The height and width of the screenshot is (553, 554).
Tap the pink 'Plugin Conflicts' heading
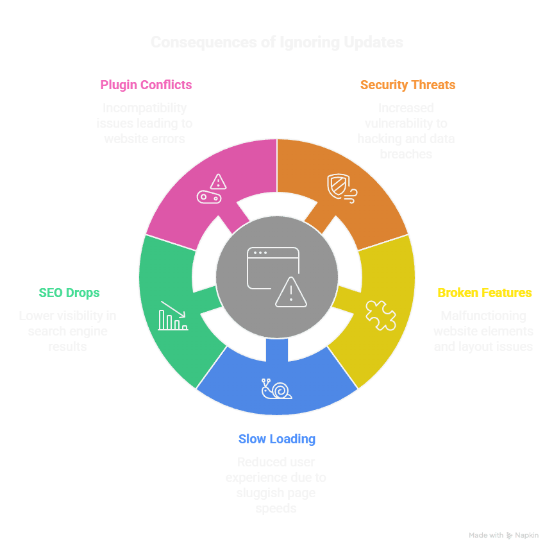pyautogui.click(x=146, y=85)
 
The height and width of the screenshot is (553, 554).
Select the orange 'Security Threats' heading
pyautogui.click(x=408, y=85)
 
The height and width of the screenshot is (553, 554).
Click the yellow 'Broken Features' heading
pyautogui.click(x=484, y=293)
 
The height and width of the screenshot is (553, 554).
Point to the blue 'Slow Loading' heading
pyautogui.click(x=276, y=439)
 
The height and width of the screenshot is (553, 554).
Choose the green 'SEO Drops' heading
pyautogui.click(x=69, y=293)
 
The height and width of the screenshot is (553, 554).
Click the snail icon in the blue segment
pyautogui.click(x=276, y=389)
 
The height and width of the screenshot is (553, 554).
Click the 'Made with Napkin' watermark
pyautogui.click(x=503, y=535)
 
